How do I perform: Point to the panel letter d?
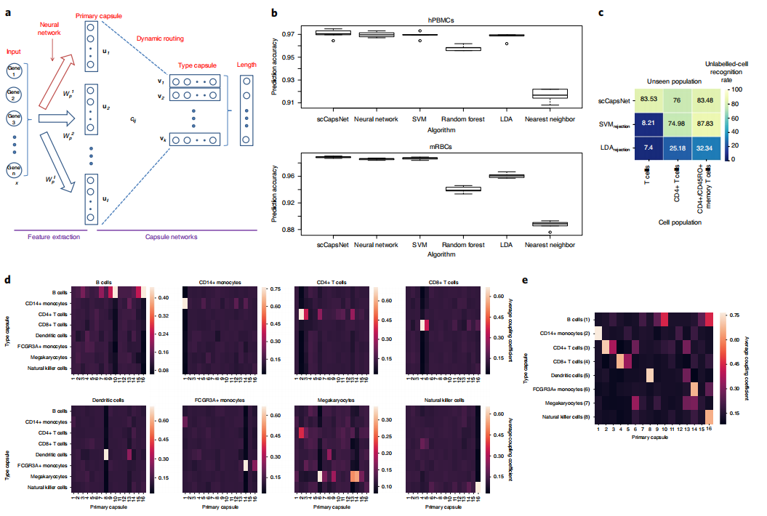[x=8, y=279]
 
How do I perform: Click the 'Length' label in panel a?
[x=247, y=64]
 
